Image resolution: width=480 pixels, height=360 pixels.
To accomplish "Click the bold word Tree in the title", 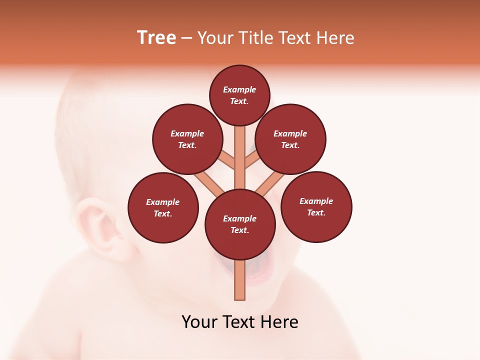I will [x=156, y=38].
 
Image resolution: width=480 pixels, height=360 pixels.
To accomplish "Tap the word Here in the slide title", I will [x=336, y=38].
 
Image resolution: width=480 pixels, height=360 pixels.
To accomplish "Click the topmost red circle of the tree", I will [x=239, y=95].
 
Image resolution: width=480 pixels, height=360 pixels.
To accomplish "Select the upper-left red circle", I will [x=187, y=139].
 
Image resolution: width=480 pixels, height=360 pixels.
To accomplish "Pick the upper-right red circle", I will [x=290, y=139].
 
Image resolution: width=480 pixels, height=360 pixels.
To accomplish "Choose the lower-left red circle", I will [x=163, y=207].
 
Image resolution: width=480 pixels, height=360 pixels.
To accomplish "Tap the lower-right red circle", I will [x=316, y=206].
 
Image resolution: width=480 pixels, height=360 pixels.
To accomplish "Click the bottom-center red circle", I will [x=240, y=224].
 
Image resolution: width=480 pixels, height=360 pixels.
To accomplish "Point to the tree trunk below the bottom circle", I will [x=240, y=280].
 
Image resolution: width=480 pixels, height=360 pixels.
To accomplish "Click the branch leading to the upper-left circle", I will [x=226, y=159].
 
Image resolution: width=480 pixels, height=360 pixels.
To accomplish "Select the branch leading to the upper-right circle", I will [x=253, y=160].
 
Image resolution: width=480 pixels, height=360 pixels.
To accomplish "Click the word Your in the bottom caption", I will [x=199, y=322].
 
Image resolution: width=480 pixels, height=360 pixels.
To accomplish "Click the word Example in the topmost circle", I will [x=239, y=89].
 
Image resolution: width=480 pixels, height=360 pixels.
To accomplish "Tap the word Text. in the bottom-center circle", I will [x=239, y=230].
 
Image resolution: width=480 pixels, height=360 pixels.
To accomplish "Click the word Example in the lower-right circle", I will [x=316, y=201].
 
